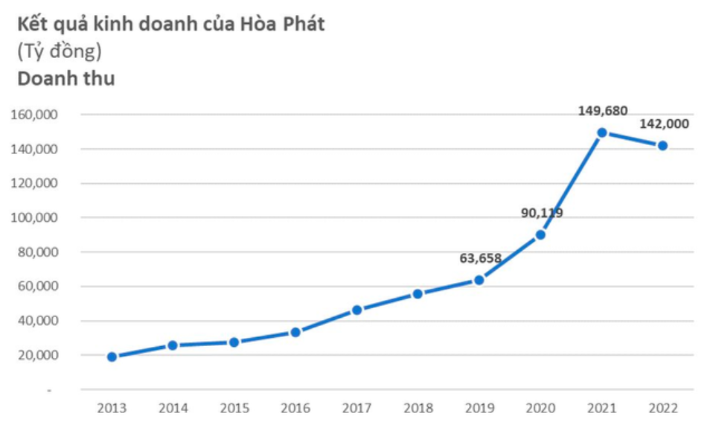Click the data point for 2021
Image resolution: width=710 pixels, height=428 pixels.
601,132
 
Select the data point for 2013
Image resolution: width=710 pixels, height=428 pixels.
112,357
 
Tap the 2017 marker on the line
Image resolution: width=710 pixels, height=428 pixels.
356,310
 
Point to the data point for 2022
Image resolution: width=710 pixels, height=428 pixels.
662,146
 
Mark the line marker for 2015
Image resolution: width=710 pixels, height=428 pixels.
234,342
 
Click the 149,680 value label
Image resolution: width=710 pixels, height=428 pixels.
602,111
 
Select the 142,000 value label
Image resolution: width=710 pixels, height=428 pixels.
664,124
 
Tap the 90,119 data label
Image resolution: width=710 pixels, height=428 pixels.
541,213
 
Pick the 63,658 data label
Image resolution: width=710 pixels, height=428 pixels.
480,258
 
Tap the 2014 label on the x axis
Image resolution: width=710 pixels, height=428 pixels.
173,408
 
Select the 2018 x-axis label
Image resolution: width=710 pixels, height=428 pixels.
418,408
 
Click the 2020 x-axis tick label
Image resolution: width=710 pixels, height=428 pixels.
540,408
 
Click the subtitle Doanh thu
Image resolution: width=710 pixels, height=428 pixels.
65,78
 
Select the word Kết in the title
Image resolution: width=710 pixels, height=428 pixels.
33,24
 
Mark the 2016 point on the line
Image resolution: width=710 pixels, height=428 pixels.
295,332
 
